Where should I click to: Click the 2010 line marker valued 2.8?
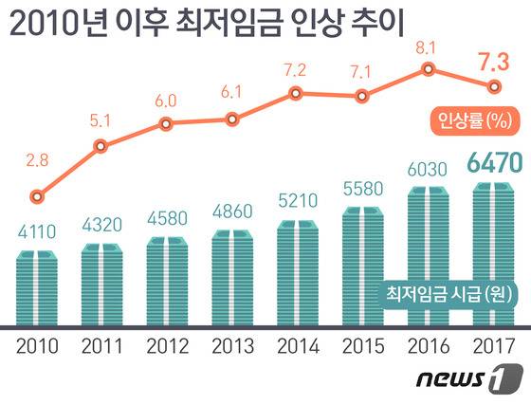pyautogui.click(x=36, y=197)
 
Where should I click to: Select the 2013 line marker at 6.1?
pyautogui.click(x=231, y=120)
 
